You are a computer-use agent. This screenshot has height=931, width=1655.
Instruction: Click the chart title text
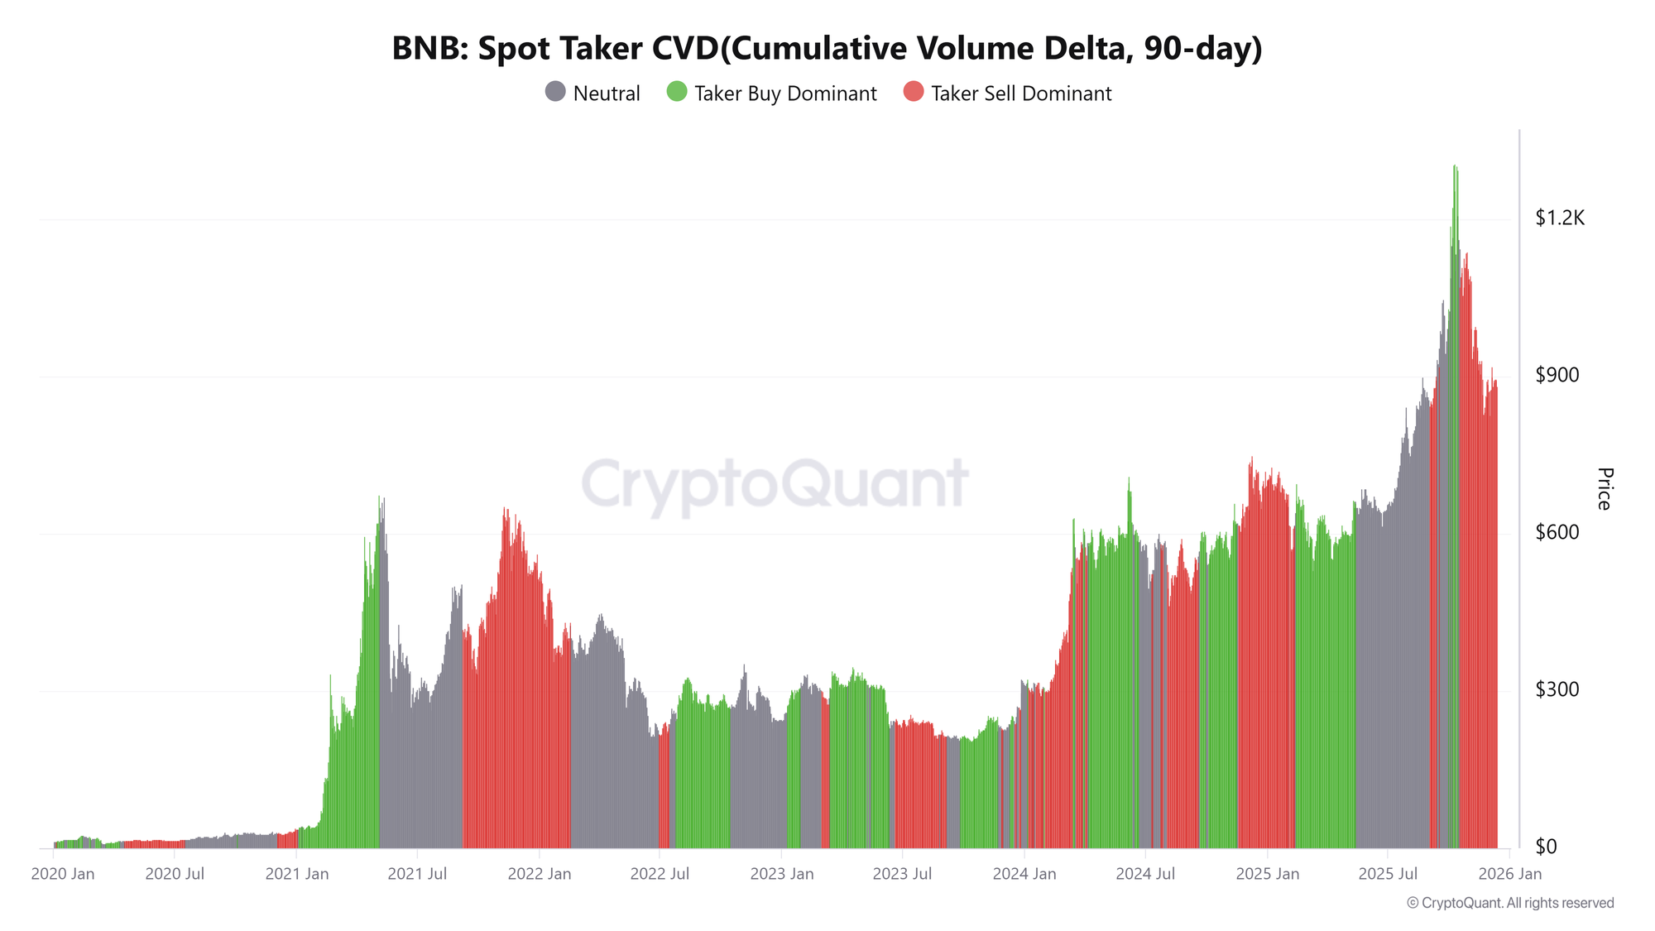pyautogui.click(x=827, y=49)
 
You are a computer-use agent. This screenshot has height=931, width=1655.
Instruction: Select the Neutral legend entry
pyautogui.click(x=592, y=93)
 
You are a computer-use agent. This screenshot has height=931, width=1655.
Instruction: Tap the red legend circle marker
pyautogui.click(x=913, y=92)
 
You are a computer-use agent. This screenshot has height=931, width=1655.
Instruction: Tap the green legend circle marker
pyautogui.click(x=677, y=92)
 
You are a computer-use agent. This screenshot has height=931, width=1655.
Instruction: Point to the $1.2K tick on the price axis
pyautogui.click(x=1559, y=218)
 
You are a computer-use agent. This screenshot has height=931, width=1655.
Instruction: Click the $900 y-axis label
pyautogui.click(x=1557, y=376)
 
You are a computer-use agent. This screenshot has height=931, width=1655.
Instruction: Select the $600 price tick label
pyautogui.click(x=1557, y=533)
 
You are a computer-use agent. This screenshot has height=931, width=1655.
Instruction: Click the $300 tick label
pyautogui.click(x=1557, y=690)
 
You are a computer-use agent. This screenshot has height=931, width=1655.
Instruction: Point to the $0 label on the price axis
pyautogui.click(x=1546, y=847)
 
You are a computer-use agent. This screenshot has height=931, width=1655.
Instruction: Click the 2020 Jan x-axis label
pyautogui.click(x=63, y=874)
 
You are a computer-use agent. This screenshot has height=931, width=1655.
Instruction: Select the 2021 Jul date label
pyautogui.click(x=417, y=874)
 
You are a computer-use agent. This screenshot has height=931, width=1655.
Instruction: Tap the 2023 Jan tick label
pyautogui.click(x=781, y=874)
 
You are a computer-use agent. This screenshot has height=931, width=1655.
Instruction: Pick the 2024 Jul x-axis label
pyautogui.click(x=1144, y=874)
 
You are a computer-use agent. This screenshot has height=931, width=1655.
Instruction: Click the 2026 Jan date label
pyautogui.click(x=1510, y=874)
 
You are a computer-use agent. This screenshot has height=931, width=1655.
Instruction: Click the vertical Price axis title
pyautogui.click(x=1604, y=488)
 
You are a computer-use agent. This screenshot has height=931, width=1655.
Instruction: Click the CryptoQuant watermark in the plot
pyautogui.click(x=775, y=483)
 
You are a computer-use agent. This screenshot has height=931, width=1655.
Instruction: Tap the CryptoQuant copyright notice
pyautogui.click(x=1509, y=903)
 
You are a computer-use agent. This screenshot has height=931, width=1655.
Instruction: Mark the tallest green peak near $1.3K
pyautogui.click(x=1454, y=168)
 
